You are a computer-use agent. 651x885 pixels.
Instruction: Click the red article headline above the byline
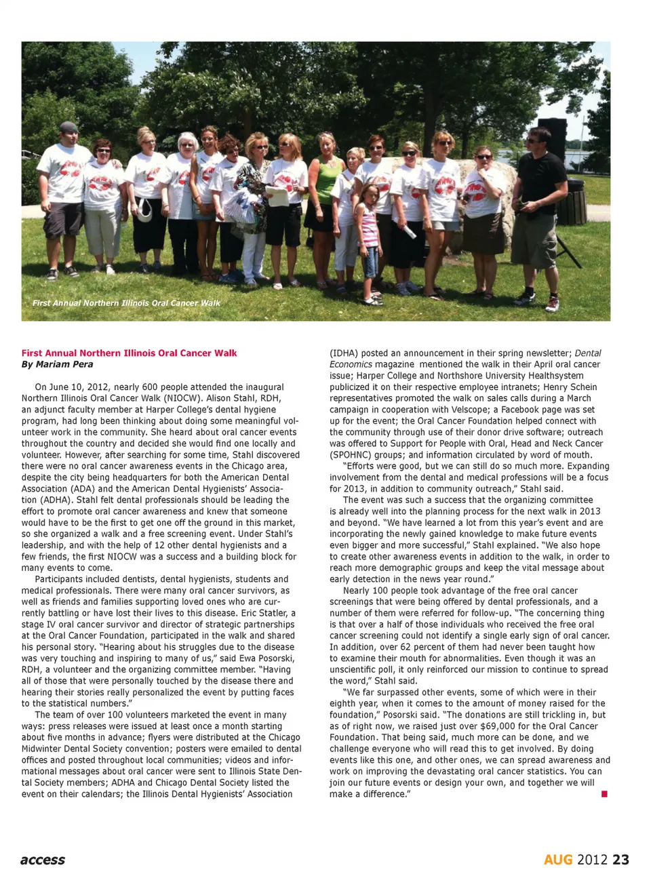(129, 353)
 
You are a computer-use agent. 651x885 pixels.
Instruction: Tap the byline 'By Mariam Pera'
(57, 364)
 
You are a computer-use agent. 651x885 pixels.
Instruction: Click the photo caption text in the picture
(126, 303)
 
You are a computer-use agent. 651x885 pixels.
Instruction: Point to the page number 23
(620, 860)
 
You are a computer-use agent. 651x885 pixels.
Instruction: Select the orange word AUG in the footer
(558, 860)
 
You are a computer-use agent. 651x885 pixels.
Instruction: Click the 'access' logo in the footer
(43, 860)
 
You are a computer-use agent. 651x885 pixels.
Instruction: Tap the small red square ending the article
(604, 793)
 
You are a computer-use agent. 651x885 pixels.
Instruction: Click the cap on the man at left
(68, 127)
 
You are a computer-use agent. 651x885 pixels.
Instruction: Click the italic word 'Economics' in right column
(351, 364)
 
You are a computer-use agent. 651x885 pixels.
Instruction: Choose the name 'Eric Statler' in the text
(259, 613)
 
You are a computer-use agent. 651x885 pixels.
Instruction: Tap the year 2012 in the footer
(592, 860)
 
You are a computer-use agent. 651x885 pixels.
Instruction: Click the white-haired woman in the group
(184, 197)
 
